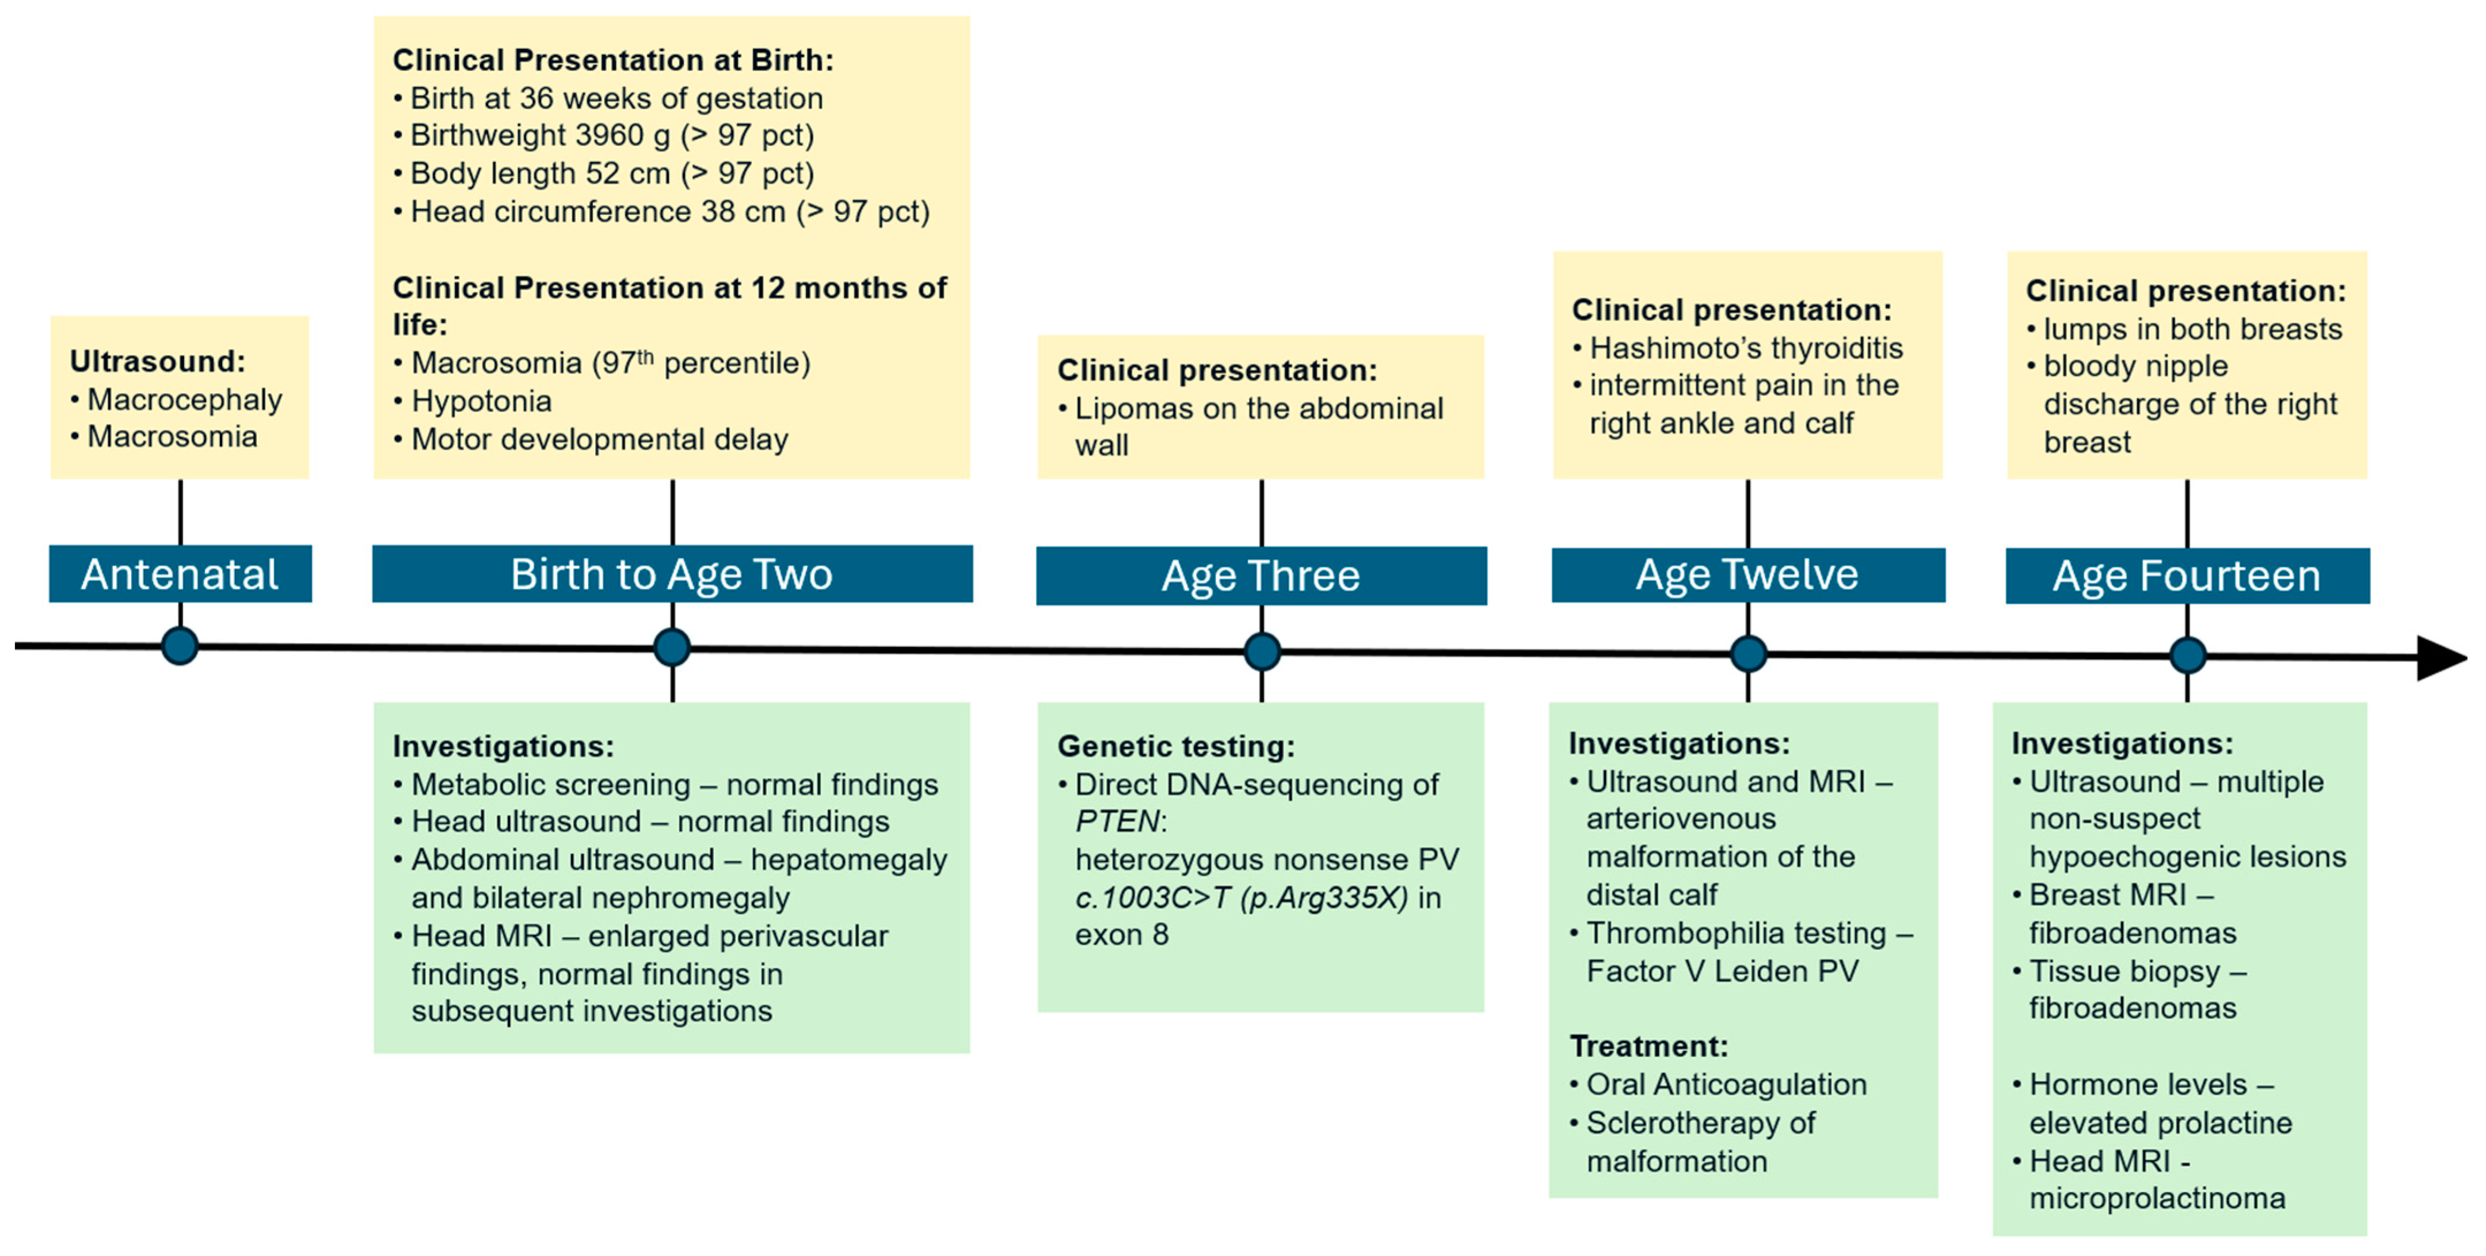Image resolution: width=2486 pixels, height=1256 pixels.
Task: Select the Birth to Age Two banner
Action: (x=672, y=574)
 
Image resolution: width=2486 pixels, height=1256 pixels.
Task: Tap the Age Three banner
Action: (x=1261, y=576)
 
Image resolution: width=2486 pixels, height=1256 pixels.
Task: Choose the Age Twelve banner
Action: (x=1748, y=576)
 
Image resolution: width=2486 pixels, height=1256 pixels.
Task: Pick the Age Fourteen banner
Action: (x=2187, y=576)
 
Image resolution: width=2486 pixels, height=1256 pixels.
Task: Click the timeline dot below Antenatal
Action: (x=180, y=646)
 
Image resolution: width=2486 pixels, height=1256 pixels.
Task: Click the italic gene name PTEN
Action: (x=1118, y=821)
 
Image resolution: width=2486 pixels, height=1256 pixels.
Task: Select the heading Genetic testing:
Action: (x=1175, y=746)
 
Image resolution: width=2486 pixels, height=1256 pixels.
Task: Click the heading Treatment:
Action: (x=1649, y=1046)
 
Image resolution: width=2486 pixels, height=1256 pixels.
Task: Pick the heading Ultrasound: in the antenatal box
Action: (x=157, y=362)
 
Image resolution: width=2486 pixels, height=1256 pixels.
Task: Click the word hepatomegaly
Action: (x=848, y=860)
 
